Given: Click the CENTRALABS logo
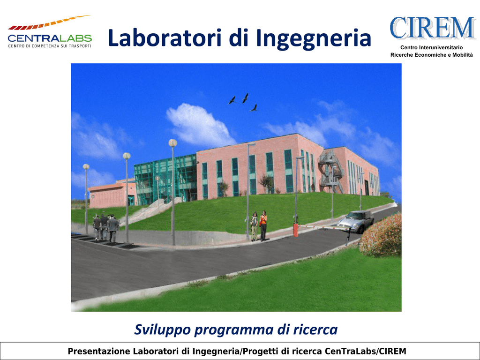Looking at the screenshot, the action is pyautogui.click(x=50, y=31).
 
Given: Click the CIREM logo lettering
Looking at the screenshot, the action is pyautogui.click(x=433, y=28).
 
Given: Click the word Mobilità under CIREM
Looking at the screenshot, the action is pyautogui.click(x=462, y=55).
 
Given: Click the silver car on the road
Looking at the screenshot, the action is pyautogui.click(x=355, y=221).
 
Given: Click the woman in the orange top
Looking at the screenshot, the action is pyautogui.click(x=263, y=225).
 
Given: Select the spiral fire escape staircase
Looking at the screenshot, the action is pyautogui.click(x=330, y=172).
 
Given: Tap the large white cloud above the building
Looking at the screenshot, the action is pyautogui.click(x=200, y=125).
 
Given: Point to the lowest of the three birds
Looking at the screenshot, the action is pyautogui.click(x=254, y=108).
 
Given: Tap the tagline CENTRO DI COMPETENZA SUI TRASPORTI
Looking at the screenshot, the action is pyautogui.click(x=50, y=46).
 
